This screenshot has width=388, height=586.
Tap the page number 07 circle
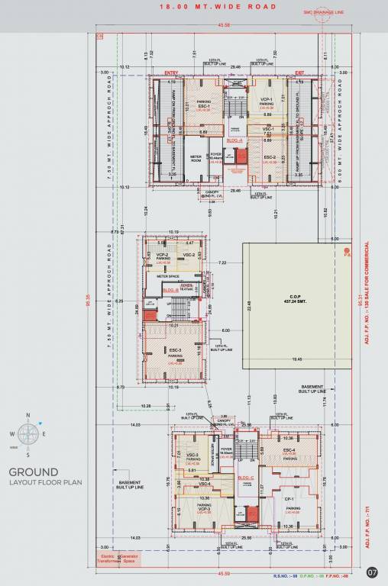point(372,572)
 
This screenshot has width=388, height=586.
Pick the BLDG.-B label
point(171,291)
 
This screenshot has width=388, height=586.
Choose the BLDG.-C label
point(246,478)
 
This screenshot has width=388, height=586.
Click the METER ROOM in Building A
point(196,159)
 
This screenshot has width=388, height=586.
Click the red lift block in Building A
point(241,157)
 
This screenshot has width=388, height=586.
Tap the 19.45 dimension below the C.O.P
point(295,359)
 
